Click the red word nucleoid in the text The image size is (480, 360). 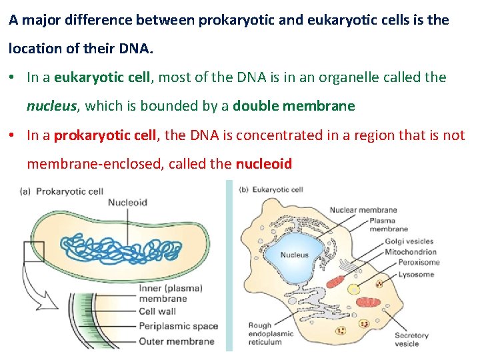coord(263,164)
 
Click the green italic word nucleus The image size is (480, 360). coord(53,106)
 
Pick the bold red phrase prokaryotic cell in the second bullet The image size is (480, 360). coord(105,135)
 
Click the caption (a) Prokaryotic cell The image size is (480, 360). coord(62,191)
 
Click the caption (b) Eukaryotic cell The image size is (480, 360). coord(270,189)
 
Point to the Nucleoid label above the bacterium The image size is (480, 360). coord(127,203)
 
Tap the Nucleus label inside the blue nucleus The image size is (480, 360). coord(294,255)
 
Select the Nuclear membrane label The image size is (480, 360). coord(363,210)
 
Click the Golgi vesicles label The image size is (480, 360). coord(409,241)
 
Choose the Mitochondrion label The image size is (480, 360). coord(410,252)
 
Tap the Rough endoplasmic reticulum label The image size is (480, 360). coord(269,335)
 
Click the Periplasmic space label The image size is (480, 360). coord(178,326)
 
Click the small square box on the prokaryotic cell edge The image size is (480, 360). coord(33,252)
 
